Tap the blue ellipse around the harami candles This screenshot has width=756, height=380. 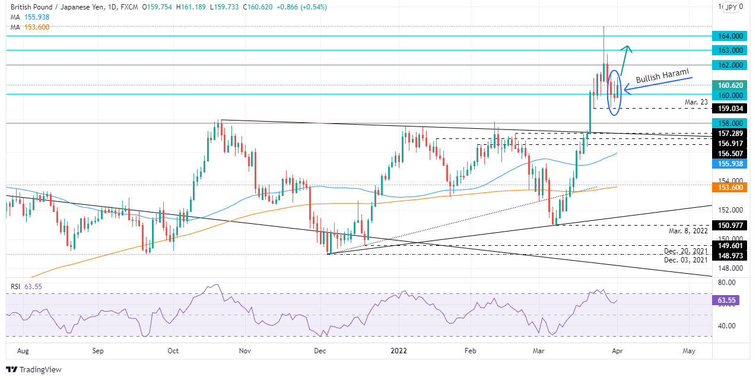tap(615, 93)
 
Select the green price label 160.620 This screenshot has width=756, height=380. tap(729, 85)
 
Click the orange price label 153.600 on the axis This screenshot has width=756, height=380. tap(729, 187)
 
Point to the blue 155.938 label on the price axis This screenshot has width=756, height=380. tap(729, 163)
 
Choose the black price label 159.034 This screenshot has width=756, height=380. tap(729, 109)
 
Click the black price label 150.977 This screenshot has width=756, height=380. tap(729, 226)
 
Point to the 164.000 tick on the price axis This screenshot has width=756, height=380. tap(729, 36)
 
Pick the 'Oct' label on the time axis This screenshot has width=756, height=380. tap(173, 351)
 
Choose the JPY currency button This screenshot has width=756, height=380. tap(731, 8)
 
